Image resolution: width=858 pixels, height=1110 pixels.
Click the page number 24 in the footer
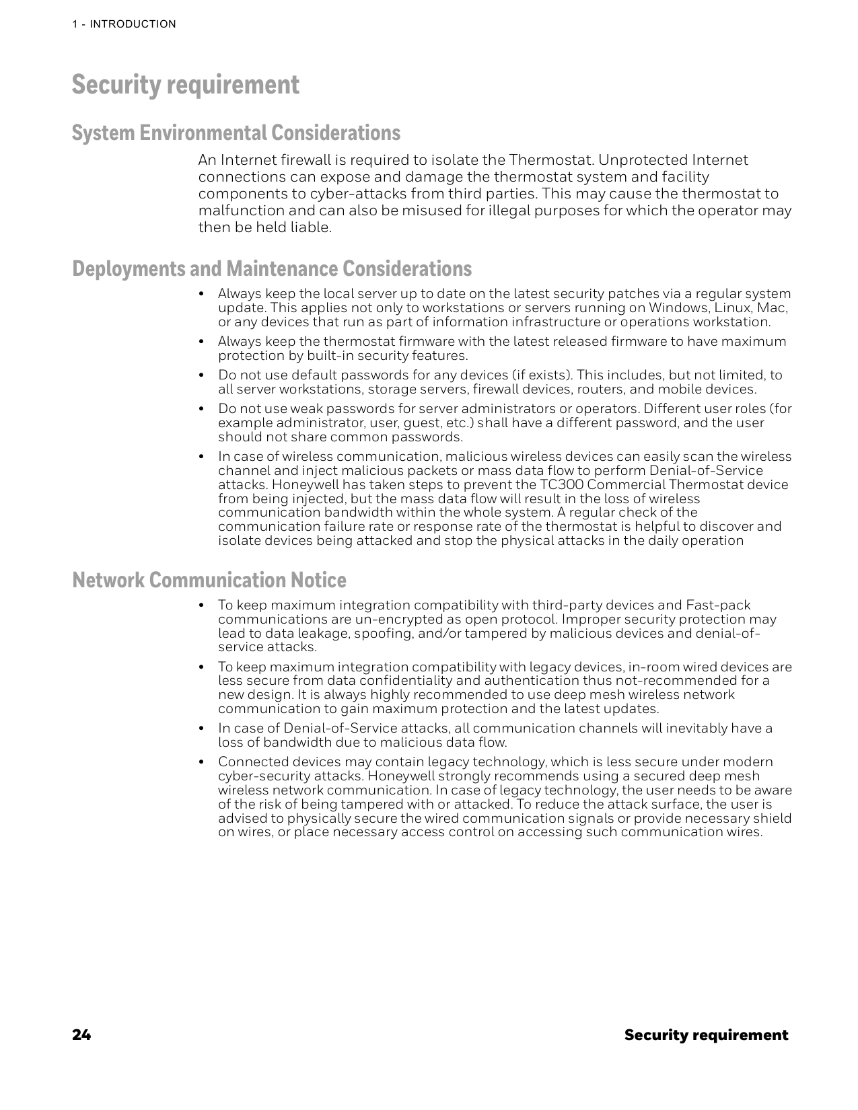81,1035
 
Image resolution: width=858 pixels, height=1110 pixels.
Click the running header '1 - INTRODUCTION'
124,24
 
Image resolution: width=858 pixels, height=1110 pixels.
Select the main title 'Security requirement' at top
185,85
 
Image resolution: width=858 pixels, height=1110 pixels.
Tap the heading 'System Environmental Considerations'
236,133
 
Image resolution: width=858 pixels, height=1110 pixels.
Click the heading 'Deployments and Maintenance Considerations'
271,268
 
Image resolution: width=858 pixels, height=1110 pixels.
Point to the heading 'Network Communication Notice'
209,580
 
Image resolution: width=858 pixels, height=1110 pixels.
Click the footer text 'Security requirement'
705,1035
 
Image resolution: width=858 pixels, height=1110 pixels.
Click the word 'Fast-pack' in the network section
717,605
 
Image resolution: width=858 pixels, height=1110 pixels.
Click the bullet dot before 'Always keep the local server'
201,295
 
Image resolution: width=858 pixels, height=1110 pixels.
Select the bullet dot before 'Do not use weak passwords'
201,409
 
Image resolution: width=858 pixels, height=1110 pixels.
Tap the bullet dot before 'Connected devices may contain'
201,762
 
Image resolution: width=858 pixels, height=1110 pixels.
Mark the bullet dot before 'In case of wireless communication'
201,457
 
